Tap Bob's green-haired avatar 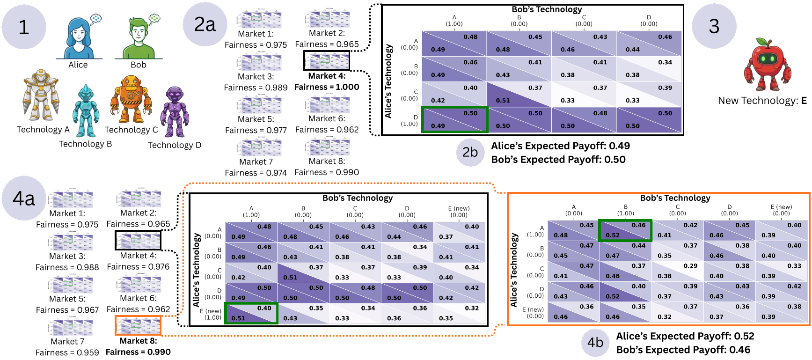click(139, 37)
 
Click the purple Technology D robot click(175, 112)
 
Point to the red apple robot click(768, 65)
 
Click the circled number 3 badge click(714, 26)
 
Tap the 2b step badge click(470, 153)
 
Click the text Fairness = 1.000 click(327, 87)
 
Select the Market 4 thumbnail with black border click(327, 60)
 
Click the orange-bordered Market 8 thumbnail click(138, 326)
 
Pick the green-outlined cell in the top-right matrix click(455, 119)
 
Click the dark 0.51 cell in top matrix click(519, 94)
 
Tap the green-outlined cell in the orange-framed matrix click(625, 230)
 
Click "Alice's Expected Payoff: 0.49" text click(560, 146)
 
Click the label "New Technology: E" click(762, 101)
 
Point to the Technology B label click(85, 144)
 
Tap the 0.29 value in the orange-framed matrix click(690, 266)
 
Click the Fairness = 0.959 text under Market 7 click(67, 353)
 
